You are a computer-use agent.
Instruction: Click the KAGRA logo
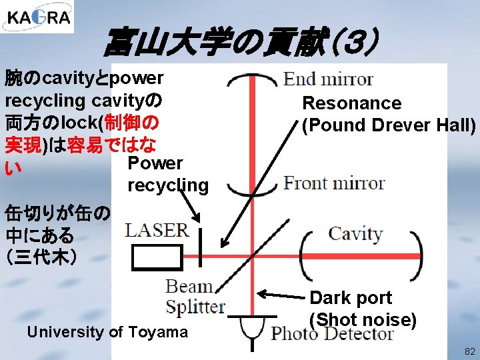(37, 17)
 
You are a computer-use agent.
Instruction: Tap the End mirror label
(328, 79)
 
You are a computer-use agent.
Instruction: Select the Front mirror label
(334, 183)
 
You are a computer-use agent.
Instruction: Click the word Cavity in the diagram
(355, 234)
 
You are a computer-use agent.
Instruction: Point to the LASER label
(157, 231)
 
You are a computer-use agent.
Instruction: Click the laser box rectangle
(157, 257)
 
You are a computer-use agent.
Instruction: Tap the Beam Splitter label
(195, 297)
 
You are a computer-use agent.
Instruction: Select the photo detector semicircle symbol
(251, 327)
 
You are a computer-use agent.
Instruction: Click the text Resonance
(351, 103)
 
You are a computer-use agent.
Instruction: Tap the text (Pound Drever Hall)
(389, 125)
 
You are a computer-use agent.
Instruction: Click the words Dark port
(351, 298)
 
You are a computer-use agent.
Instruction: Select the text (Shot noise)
(363, 320)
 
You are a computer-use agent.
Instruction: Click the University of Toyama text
(107, 332)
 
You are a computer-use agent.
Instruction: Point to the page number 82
(469, 351)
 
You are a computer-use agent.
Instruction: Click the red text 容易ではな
(117, 143)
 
